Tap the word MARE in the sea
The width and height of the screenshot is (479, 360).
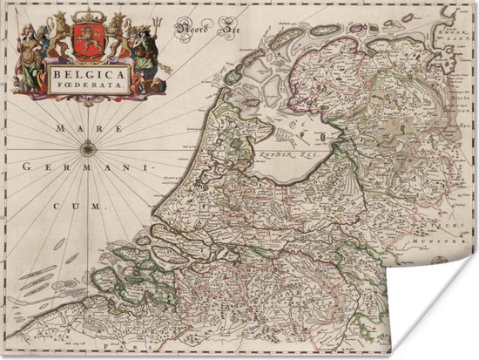(64, 129)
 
